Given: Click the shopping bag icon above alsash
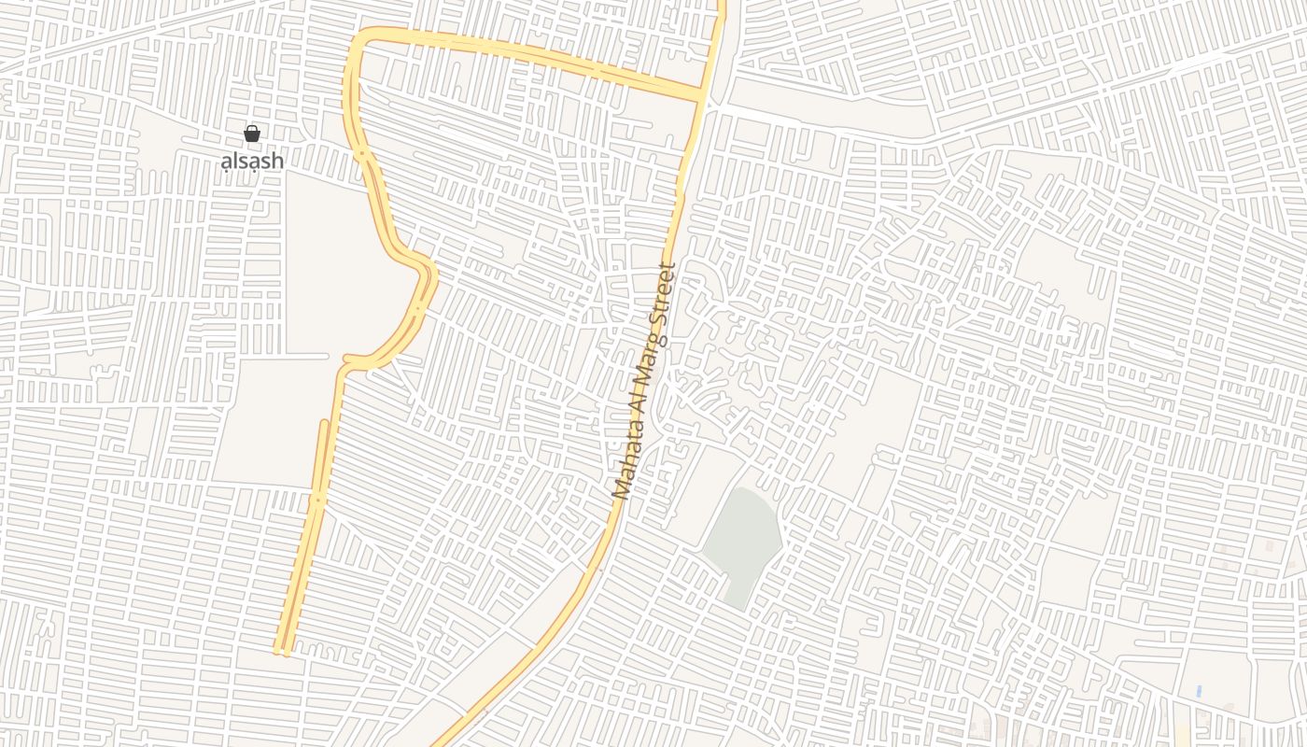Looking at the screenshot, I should pyautogui.click(x=251, y=134).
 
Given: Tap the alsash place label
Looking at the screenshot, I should pyautogui.click(x=251, y=161).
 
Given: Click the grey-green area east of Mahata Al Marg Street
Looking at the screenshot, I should pyautogui.click(x=743, y=546).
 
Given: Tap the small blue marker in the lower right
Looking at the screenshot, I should pyautogui.click(x=1199, y=692).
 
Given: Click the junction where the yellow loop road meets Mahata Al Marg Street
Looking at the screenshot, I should pyautogui.click(x=702, y=95).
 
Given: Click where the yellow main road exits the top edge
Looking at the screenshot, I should pyautogui.click(x=722, y=4).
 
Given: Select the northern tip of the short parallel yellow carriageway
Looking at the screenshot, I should pyautogui.click(x=324, y=423).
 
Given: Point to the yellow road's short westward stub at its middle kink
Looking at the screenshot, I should pyautogui.click(x=347, y=358).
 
